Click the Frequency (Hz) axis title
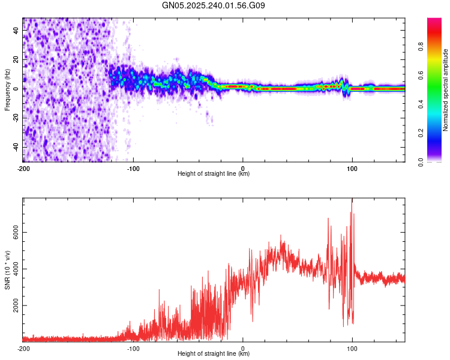coord(7,90)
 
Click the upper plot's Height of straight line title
coord(214,174)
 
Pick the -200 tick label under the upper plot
coord(23,168)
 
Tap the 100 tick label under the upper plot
coord(352,168)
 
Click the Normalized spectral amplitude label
coord(446,90)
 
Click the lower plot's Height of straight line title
coord(214,354)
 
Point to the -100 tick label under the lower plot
coord(133,348)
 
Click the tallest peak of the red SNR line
coord(352,199)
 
